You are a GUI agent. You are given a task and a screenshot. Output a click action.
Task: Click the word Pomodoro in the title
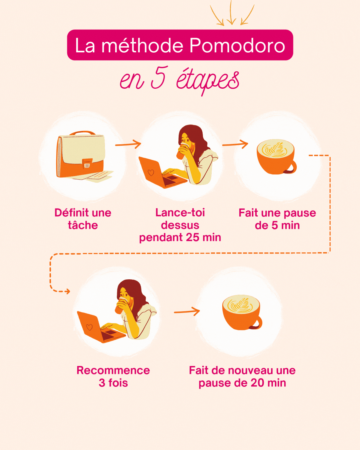(x=237, y=45)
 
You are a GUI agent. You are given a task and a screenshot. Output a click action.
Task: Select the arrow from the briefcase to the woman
(x=128, y=144)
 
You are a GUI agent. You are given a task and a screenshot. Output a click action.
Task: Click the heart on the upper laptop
(x=151, y=173)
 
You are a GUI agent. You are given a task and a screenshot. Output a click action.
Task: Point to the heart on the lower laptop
(x=89, y=327)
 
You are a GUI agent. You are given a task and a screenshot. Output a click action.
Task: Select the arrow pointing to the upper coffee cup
(x=235, y=144)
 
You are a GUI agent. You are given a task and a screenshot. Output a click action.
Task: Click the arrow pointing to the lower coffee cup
(x=187, y=312)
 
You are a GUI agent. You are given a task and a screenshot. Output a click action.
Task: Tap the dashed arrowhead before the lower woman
(x=67, y=291)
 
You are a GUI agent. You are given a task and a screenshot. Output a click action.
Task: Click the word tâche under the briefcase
(x=83, y=225)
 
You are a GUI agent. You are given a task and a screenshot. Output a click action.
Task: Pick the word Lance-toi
(x=180, y=213)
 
